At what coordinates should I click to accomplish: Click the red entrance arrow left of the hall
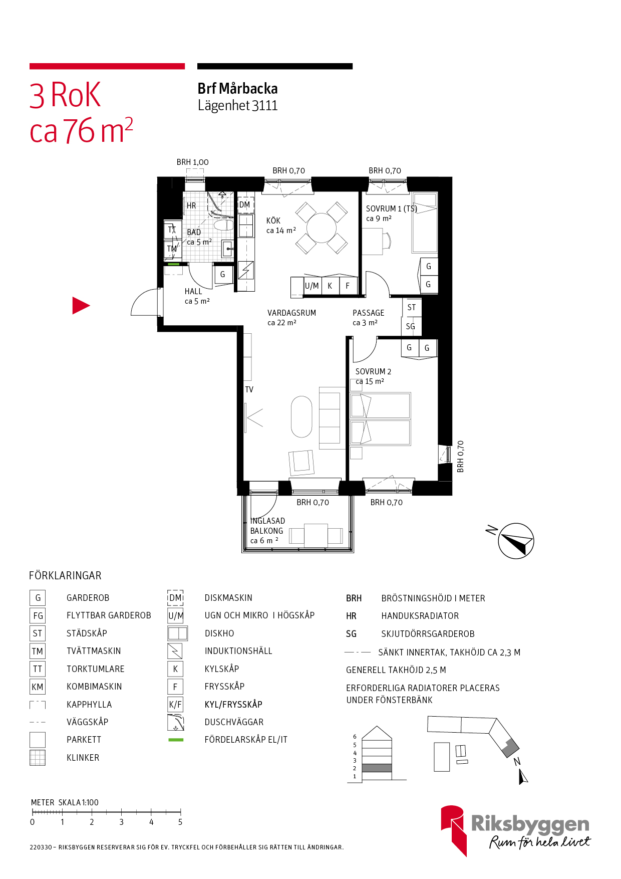80,306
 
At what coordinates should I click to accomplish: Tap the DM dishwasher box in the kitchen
245,205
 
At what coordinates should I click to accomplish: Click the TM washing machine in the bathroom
172,249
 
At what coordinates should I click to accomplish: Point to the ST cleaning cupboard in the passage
412,307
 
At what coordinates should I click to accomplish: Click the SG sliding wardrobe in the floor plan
411,326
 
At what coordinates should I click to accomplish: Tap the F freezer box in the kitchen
348,286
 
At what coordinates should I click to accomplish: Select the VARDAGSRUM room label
292,313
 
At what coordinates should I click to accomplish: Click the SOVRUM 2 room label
374,371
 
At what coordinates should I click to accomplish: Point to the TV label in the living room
249,389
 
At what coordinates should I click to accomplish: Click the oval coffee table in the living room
301,416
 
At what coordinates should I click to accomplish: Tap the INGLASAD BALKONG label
267,526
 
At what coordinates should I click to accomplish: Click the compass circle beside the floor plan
516,541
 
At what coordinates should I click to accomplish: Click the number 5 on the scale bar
180,822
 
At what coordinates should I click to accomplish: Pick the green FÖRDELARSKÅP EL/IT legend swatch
176,740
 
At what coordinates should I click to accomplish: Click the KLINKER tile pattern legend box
38,758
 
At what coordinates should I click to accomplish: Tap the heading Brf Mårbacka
238,89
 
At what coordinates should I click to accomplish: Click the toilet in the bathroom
223,225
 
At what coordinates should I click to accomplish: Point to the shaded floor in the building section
377,768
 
